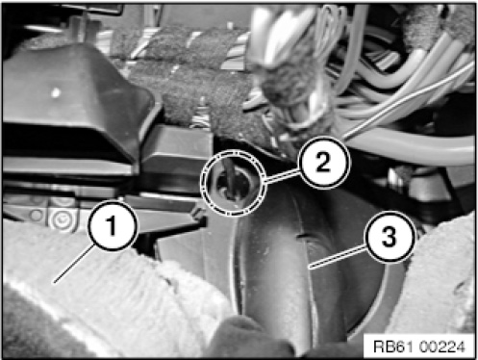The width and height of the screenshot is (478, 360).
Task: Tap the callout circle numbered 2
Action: click(323, 163)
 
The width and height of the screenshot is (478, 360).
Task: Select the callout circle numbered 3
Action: click(390, 238)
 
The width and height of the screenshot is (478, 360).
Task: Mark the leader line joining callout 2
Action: click(283, 176)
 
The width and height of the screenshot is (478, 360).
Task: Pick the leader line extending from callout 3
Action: click(339, 256)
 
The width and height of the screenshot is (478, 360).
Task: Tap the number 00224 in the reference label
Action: click(440, 347)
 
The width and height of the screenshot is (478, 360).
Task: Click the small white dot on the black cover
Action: click(56, 93)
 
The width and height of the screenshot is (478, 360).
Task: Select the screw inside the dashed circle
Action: click(229, 186)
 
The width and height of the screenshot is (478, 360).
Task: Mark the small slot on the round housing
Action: click(301, 236)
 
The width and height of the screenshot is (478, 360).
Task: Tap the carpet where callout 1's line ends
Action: click(54, 283)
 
